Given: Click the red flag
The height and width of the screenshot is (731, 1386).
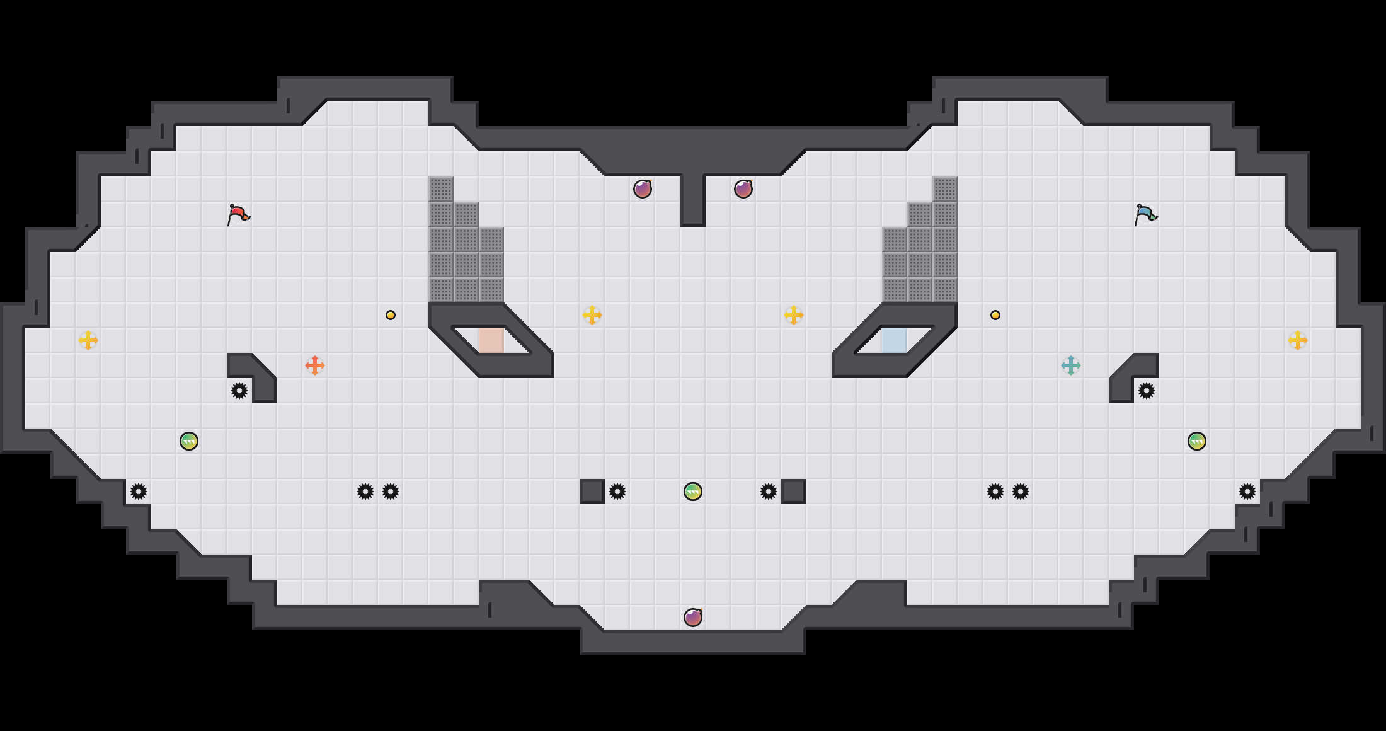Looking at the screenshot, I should pyautogui.click(x=238, y=214).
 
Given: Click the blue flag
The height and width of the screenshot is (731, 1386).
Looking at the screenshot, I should pyautogui.click(x=1145, y=214).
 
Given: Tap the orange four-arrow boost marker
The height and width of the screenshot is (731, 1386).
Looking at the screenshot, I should pyautogui.click(x=315, y=365).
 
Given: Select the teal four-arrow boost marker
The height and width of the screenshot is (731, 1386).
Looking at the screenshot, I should pyautogui.click(x=1071, y=365).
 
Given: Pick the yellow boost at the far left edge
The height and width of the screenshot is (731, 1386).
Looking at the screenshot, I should pyautogui.click(x=88, y=340).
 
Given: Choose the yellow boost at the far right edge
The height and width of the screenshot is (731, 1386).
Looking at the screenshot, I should pyautogui.click(x=1298, y=340).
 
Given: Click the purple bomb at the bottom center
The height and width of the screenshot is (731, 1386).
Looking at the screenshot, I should pyautogui.click(x=693, y=618).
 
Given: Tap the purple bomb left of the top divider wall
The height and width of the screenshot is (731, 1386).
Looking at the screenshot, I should pyautogui.click(x=643, y=189).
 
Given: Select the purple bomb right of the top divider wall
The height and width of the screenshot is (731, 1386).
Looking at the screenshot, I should pyautogui.click(x=743, y=189).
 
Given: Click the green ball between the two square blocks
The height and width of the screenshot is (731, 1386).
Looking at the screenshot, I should pyautogui.click(x=693, y=492).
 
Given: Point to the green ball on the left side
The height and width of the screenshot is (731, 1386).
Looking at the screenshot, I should pyautogui.click(x=189, y=441).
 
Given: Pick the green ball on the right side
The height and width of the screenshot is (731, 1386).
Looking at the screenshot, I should pyautogui.click(x=1197, y=441).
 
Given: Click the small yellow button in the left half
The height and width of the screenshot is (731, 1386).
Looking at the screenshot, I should pyautogui.click(x=391, y=315).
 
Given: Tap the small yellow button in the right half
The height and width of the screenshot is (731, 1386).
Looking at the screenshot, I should pyautogui.click(x=995, y=315).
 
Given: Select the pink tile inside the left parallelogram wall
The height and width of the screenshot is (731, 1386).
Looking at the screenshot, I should pyautogui.click(x=491, y=340).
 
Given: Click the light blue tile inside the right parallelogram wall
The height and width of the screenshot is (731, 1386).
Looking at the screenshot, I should pyautogui.click(x=895, y=340).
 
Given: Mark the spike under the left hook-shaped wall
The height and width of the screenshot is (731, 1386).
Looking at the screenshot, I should pyautogui.click(x=239, y=391).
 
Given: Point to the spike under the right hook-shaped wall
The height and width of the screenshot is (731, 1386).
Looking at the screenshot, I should pyautogui.click(x=1147, y=391).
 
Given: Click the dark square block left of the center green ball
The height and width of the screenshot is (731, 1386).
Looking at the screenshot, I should pyautogui.click(x=592, y=492).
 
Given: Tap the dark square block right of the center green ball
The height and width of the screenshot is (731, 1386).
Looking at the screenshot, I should pyautogui.click(x=794, y=492).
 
